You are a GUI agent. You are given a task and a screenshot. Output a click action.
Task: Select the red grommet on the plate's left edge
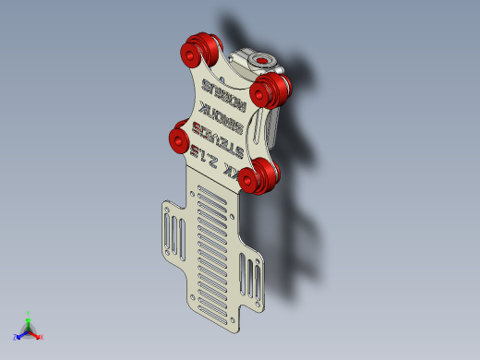coord(178,138)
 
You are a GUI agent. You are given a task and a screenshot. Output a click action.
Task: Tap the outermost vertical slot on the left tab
coord(168,230)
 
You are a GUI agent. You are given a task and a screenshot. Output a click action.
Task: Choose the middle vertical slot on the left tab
coord(174,234)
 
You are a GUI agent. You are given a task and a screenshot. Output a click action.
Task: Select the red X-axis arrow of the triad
coord(37,334)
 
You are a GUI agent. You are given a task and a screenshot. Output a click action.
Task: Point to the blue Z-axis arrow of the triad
coord(21,334)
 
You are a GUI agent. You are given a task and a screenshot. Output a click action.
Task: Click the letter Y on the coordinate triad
coord(29,313)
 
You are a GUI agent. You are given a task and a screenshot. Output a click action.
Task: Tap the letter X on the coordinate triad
coord(42,337)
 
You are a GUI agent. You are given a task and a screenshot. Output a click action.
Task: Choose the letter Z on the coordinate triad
coord(16,337)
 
